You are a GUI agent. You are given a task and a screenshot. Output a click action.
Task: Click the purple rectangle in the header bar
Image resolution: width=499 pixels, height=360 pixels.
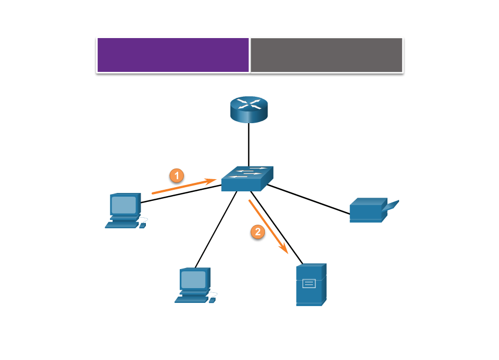[173, 54]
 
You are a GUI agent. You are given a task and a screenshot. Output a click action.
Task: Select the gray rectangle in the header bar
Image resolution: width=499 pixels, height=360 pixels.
[326, 54]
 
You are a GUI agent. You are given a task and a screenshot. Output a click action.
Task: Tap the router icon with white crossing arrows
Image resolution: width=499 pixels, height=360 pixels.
[249, 109]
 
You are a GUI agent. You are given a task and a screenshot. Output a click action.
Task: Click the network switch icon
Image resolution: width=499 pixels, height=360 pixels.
[247, 179]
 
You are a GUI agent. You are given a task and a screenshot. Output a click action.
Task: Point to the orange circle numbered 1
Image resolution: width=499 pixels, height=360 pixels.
[177, 175]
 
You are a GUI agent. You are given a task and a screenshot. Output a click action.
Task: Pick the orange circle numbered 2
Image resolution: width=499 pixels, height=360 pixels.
[257, 232]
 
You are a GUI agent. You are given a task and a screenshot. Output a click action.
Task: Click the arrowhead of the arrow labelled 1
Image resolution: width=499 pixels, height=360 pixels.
[214, 181]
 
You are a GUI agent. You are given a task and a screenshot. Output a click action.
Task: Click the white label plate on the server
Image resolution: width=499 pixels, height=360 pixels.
[309, 283]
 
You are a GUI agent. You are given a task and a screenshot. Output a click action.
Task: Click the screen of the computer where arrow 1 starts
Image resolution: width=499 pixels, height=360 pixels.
[124, 205]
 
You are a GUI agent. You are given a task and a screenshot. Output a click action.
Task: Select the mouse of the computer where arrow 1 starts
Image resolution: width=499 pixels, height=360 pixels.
[142, 226]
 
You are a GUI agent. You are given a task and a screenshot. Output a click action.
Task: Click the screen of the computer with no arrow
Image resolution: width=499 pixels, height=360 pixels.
[193, 279]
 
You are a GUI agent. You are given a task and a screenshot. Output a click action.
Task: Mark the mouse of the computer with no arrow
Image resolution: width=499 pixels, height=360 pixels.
[212, 300]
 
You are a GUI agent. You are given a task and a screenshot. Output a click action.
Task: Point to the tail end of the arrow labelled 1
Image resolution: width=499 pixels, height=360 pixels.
[153, 193]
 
